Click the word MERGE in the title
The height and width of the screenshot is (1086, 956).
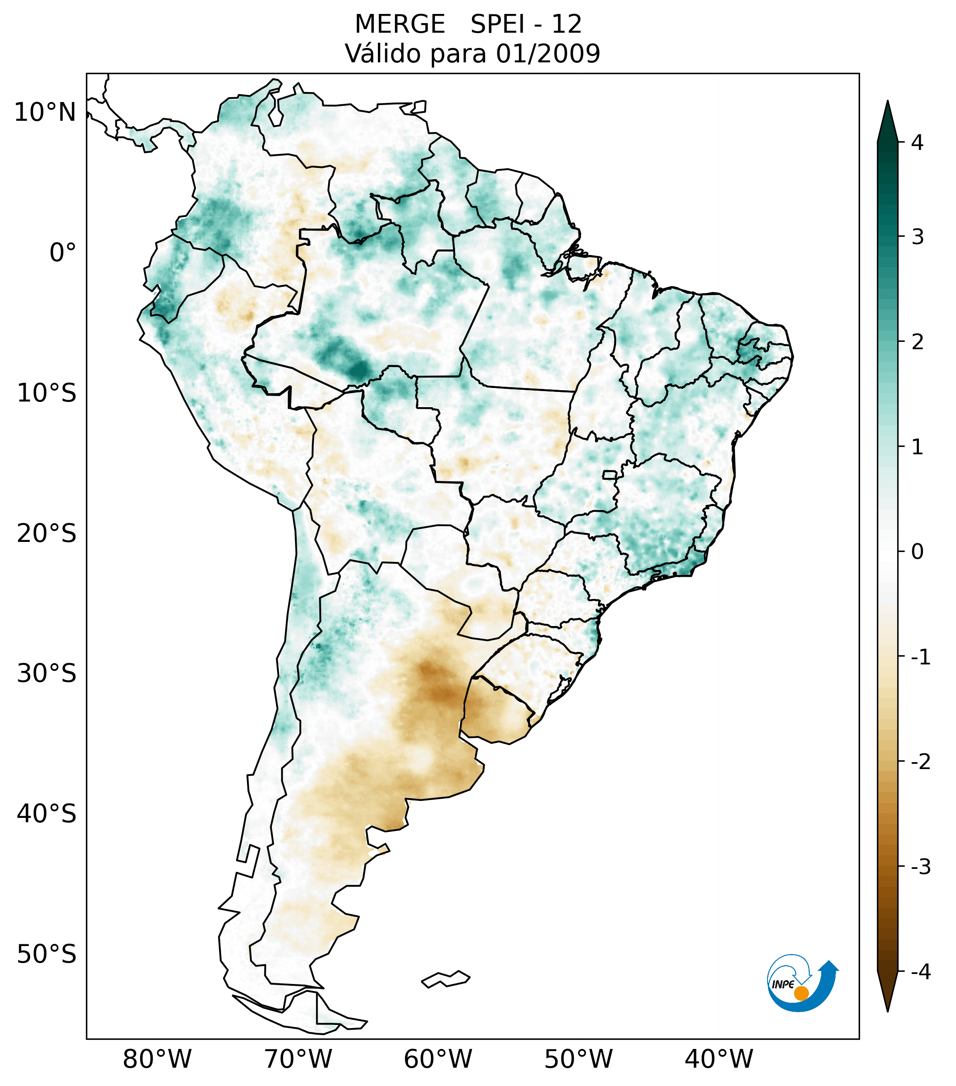399,24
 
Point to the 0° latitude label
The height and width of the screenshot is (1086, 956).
63,252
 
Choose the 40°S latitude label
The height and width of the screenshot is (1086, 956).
47,814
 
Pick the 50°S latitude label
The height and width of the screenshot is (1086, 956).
47,954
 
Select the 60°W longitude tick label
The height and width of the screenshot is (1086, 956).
438,1059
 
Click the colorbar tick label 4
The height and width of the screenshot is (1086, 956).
917,143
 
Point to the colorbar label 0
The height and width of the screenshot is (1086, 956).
917,552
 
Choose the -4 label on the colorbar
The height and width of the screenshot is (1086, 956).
920,972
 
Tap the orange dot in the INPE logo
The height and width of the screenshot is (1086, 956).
801,993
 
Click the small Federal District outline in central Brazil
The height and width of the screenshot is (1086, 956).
610,474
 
